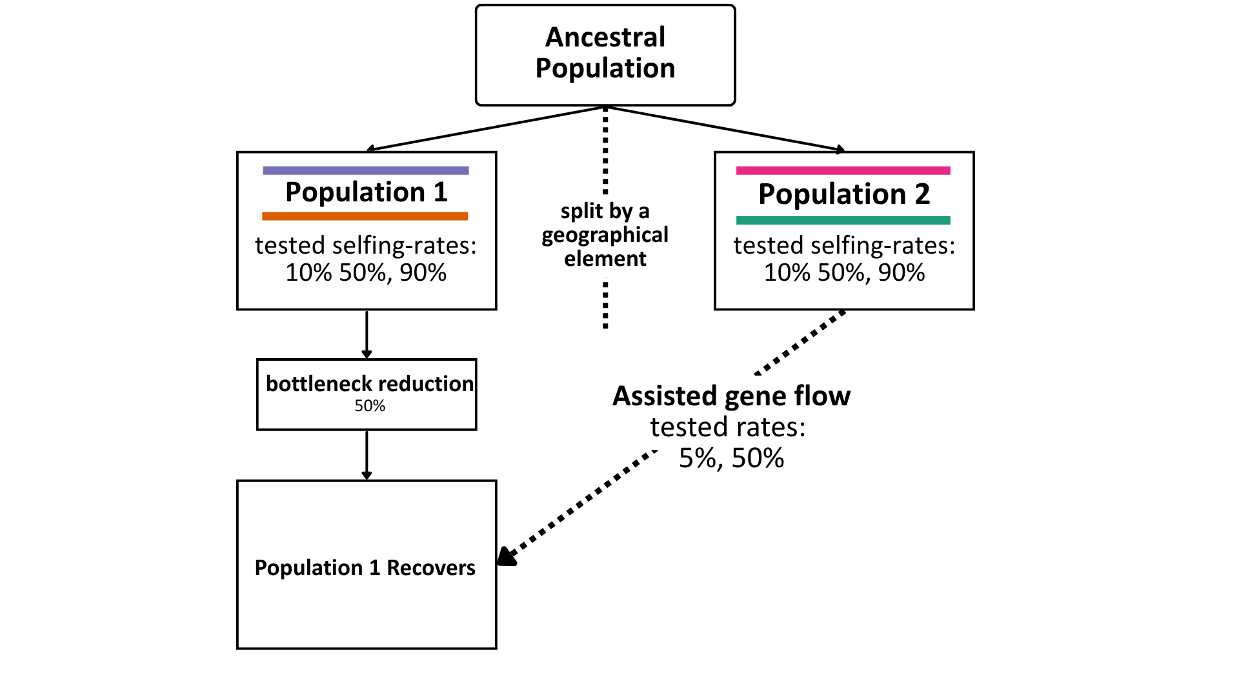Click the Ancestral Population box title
(605, 53)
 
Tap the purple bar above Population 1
(366, 170)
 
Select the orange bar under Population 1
(365, 216)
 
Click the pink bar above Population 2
(843, 170)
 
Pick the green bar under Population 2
(843, 220)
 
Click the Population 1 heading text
(367, 192)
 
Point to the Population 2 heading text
(844, 194)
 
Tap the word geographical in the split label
(605, 236)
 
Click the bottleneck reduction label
(370, 383)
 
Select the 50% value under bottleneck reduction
(370, 406)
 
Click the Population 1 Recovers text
(365, 568)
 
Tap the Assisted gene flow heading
(731, 396)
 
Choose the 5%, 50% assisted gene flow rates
(731, 458)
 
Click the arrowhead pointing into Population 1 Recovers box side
(507, 557)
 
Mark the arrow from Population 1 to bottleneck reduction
(367, 334)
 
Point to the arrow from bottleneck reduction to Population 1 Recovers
(367, 455)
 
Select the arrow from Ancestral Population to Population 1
(485, 128)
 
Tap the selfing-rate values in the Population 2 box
(844, 273)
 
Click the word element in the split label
(605, 259)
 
